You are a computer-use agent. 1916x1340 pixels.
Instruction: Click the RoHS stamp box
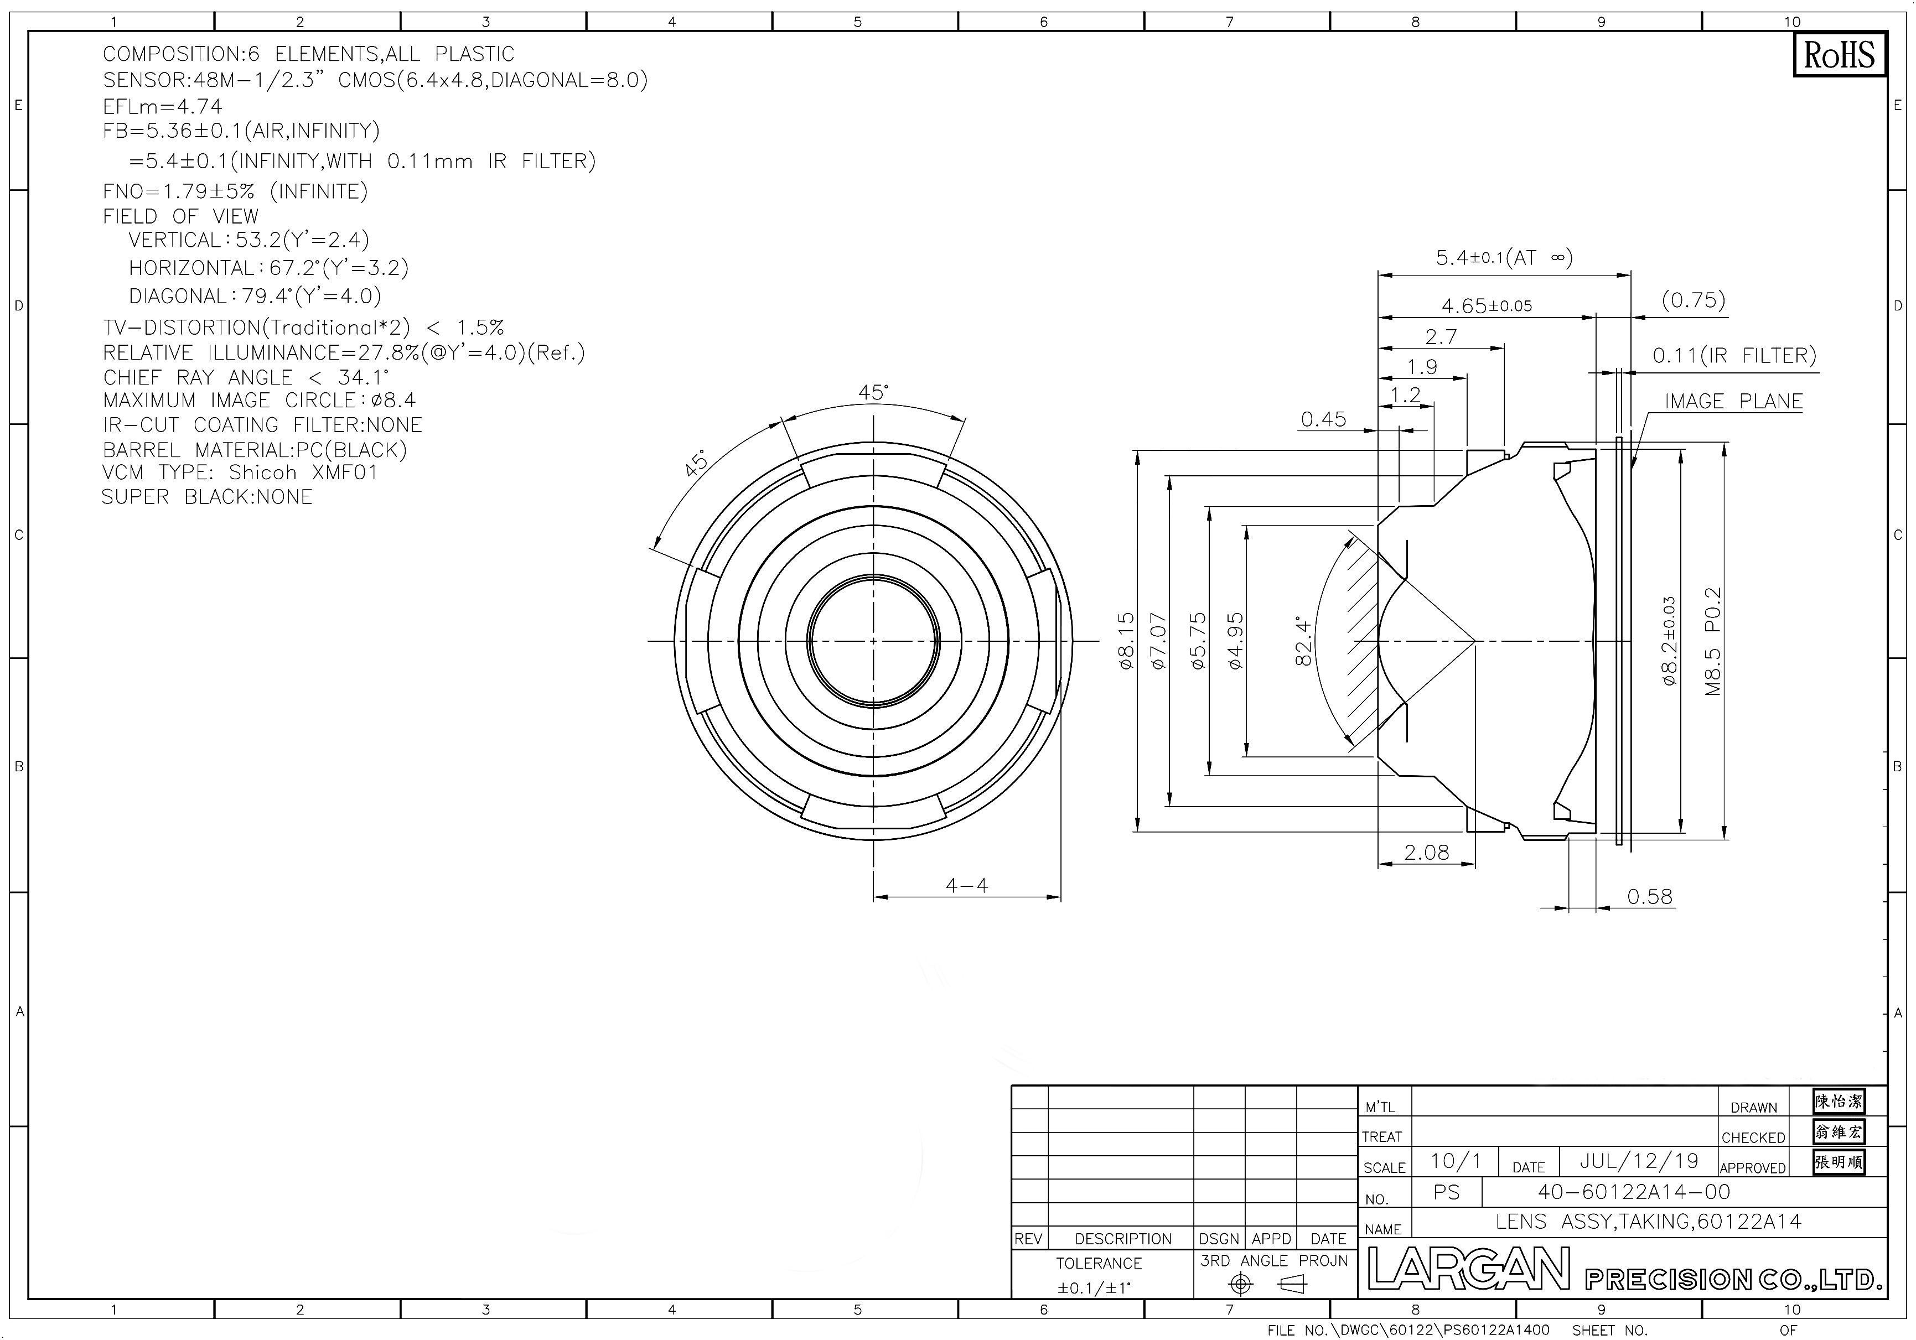click(1839, 55)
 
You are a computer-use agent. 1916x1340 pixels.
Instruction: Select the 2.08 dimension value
click(1426, 852)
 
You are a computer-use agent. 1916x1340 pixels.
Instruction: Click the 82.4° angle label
click(1303, 641)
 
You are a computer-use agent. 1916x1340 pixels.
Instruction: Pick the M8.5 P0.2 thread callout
click(1713, 641)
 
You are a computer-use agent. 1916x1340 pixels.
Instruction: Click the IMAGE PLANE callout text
click(1733, 401)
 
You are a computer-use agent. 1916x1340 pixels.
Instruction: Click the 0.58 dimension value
click(1650, 896)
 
